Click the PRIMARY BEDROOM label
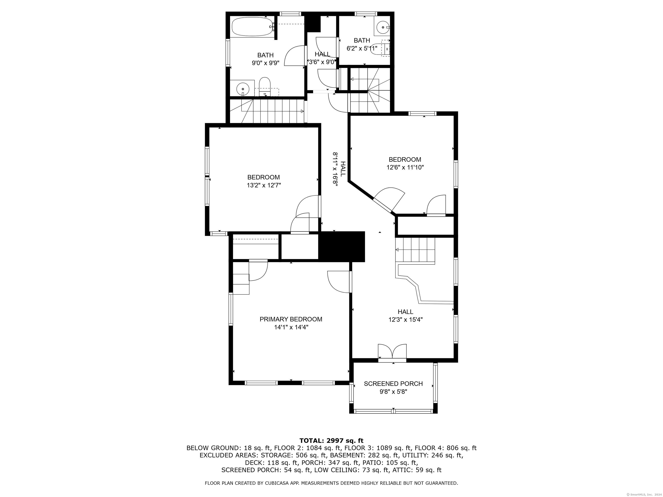[x=291, y=319]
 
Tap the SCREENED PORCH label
[x=393, y=384]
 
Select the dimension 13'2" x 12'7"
[x=264, y=186]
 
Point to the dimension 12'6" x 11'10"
[x=405, y=167]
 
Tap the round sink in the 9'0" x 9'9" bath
[x=243, y=89]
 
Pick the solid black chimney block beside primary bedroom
[x=341, y=247]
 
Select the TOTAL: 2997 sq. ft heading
[x=331, y=441]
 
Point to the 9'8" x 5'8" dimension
[x=393, y=392]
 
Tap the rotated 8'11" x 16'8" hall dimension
[x=335, y=170]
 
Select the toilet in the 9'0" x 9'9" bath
[x=265, y=87]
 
